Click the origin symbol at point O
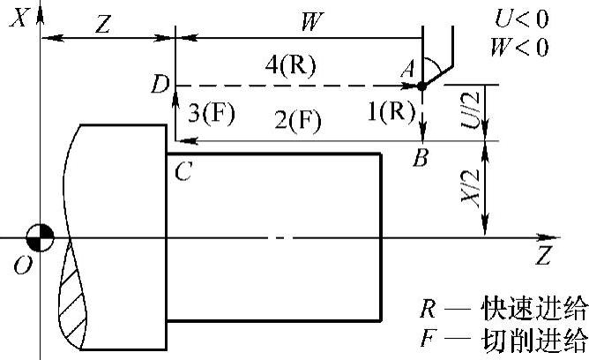click(41, 237)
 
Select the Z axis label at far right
click(544, 257)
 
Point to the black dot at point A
click(422, 86)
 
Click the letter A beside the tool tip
click(406, 67)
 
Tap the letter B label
click(422, 159)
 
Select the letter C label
click(183, 173)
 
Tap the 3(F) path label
click(212, 112)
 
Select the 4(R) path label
click(294, 66)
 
